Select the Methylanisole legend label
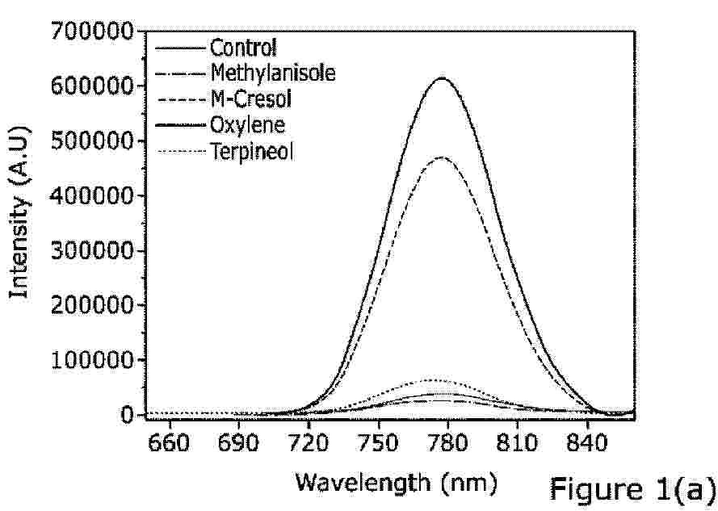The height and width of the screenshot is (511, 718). pyautogui.click(x=272, y=73)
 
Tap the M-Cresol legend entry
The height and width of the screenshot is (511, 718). pyautogui.click(x=250, y=99)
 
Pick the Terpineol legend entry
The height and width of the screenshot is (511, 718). pyautogui.click(x=251, y=150)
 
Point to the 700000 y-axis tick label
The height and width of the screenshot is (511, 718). pyautogui.click(x=91, y=31)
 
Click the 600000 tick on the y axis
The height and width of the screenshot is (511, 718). pyautogui.click(x=91, y=86)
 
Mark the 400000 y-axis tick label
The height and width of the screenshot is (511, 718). pyautogui.click(x=91, y=195)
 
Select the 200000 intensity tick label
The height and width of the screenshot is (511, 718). pyautogui.click(x=91, y=305)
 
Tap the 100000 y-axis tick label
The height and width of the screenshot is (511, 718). pyautogui.click(x=91, y=360)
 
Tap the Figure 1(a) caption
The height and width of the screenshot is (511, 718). pyautogui.click(x=633, y=488)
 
